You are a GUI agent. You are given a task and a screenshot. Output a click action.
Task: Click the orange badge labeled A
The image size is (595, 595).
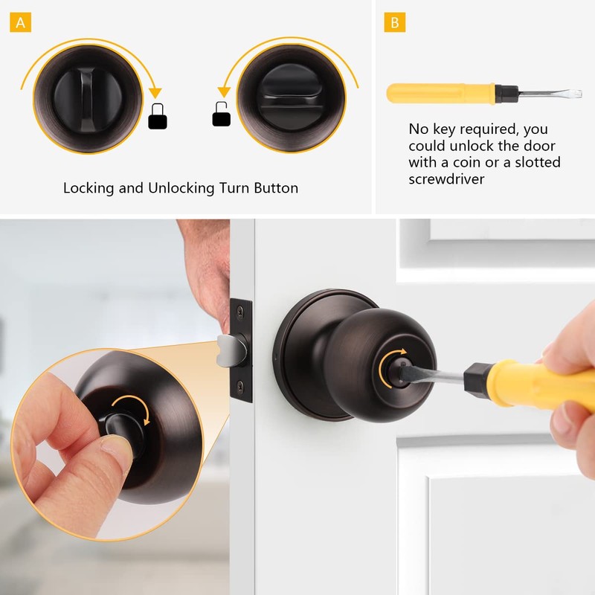[x=20, y=22]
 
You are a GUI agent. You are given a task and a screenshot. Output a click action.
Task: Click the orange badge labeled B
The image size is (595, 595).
[x=394, y=22]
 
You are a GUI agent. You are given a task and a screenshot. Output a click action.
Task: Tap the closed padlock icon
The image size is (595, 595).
[x=157, y=117]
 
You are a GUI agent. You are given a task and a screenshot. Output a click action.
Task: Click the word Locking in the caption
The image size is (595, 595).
[x=89, y=188]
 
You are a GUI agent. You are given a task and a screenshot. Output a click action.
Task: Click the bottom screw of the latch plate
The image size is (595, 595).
[x=239, y=386]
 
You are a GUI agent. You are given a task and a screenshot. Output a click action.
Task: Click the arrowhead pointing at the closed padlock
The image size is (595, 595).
[x=155, y=92]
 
